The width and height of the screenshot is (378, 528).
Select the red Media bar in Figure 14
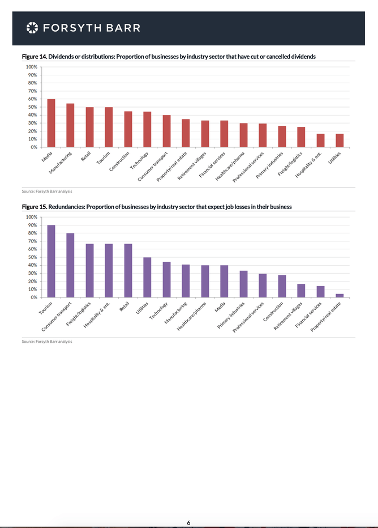(51, 123)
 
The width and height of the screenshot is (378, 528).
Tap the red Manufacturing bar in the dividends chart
(70, 125)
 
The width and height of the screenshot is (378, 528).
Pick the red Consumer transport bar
(166, 131)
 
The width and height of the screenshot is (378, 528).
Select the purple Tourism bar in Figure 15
(51, 261)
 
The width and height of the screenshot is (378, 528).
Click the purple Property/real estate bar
(340, 295)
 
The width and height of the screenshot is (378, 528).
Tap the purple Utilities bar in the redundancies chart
(147, 277)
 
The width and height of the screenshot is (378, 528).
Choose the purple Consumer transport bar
(70, 265)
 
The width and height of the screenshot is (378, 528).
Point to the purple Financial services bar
(320, 291)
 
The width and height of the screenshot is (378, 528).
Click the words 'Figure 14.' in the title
(34, 57)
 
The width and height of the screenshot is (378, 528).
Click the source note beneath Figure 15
(47, 342)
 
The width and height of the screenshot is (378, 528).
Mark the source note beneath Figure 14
(47, 191)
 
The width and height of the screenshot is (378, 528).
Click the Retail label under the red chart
(87, 155)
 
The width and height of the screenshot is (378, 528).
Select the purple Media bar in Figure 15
(224, 281)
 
